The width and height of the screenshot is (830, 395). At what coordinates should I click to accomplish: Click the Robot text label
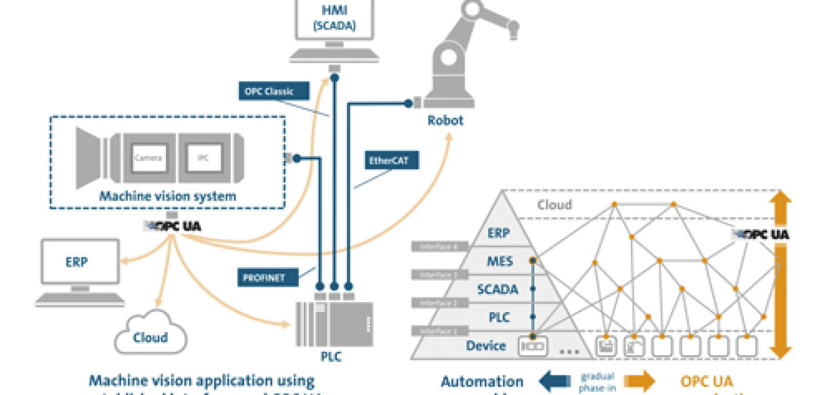click(445, 120)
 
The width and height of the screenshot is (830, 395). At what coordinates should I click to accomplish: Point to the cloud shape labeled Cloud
click(151, 334)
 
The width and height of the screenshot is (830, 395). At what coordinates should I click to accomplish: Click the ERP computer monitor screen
click(80, 262)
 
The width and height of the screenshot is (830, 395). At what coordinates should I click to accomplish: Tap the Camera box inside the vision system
click(148, 158)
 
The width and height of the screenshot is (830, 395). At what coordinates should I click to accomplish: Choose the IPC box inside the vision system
click(203, 158)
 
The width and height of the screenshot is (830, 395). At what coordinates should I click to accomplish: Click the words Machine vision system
click(167, 196)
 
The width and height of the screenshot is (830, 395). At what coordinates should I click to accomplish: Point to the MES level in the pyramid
click(499, 261)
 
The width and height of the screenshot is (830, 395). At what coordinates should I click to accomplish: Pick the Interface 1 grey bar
click(439, 331)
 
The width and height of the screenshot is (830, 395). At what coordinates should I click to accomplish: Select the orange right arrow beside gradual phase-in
click(639, 382)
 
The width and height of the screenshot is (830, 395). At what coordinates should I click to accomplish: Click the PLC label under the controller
click(331, 356)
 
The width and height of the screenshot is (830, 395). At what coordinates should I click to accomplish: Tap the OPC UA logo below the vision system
click(173, 227)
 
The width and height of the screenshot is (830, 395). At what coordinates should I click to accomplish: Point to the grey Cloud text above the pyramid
click(554, 205)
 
